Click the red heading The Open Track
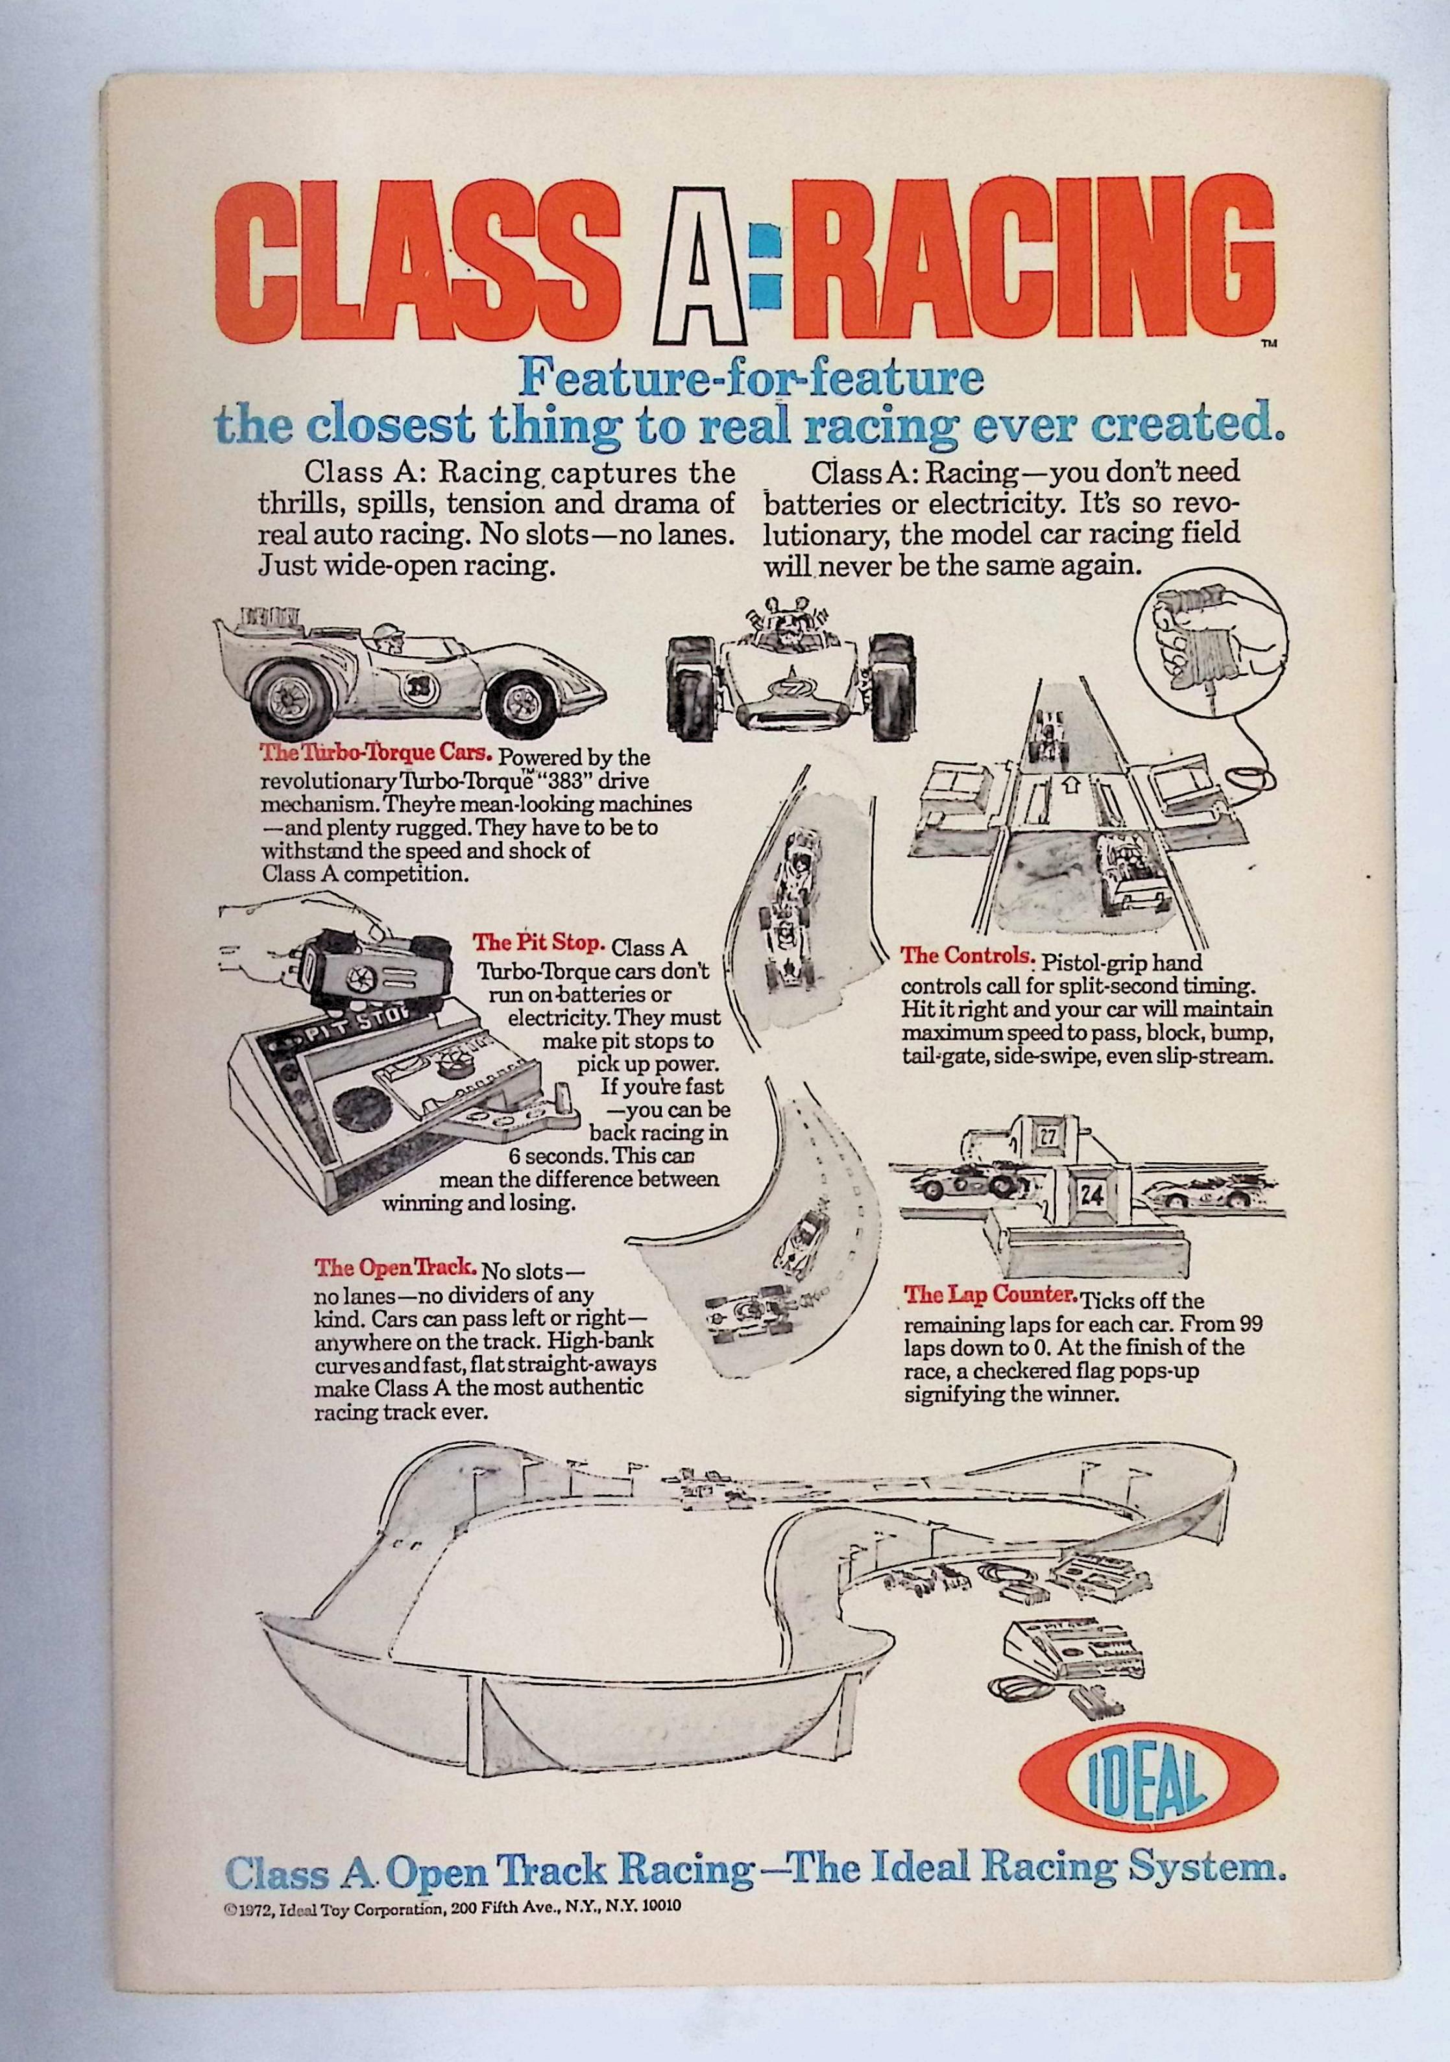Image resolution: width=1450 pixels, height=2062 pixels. (394, 1267)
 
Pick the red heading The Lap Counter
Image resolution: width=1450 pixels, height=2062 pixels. (990, 1294)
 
